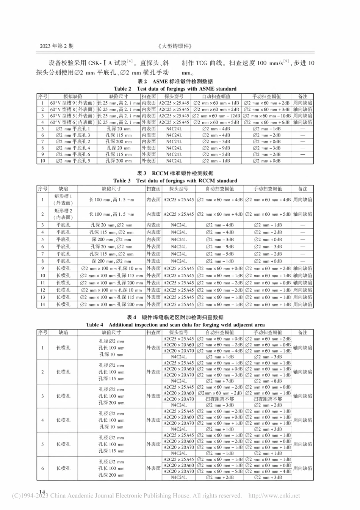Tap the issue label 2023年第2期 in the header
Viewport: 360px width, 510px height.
click(x=56, y=46)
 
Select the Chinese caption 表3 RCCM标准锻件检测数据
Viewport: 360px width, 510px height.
click(x=175, y=173)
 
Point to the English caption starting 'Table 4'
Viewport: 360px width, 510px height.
click(x=175, y=325)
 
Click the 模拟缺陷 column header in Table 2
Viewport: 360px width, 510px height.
click(x=73, y=97)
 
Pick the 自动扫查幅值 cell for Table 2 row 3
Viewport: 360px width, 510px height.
click(x=216, y=116)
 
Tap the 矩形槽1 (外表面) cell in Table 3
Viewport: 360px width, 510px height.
click(x=63, y=199)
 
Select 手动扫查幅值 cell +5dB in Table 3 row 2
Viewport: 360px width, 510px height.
click(x=268, y=214)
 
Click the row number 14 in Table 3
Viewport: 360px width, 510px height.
click(x=42, y=304)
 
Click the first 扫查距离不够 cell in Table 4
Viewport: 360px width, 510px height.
click(x=219, y=399)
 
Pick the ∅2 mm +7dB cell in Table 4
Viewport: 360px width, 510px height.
click(x=219, y=381)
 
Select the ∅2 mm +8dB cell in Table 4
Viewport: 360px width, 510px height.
click(x=268, y=381)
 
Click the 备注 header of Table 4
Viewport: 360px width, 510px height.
click(x=302, y=333)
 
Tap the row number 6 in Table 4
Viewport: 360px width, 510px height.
click(x=42, y=468)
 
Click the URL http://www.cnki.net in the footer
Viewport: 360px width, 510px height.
click(x=274, y=496)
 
